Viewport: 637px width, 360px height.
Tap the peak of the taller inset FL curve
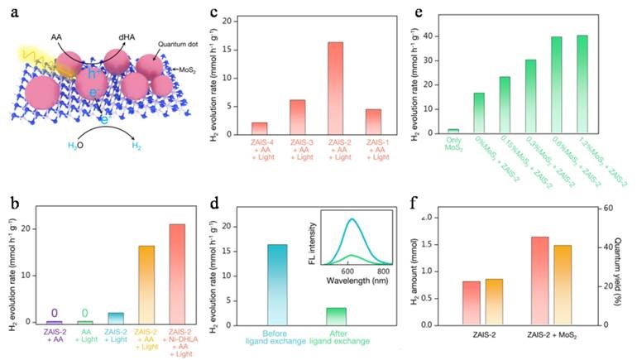click(x=352, y=219)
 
